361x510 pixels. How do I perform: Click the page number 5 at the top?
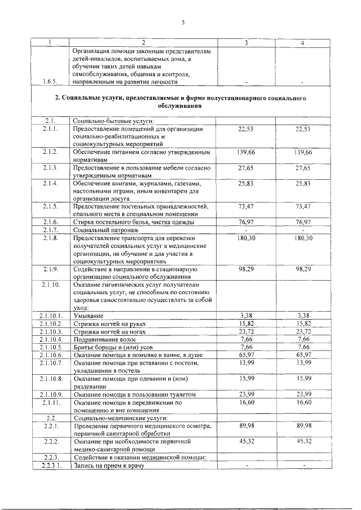[183, 23]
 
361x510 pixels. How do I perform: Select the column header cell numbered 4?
[303, 43]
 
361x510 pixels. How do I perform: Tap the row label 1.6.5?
[50, 82]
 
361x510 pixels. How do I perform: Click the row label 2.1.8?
[50, 238]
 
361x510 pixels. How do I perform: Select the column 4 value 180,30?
[303, 238]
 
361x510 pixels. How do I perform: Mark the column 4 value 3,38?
[303, 316]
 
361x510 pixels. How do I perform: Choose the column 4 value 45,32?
[303, 441]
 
